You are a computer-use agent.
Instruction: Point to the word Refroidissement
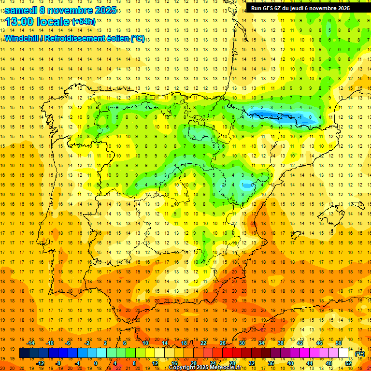pos(74,38)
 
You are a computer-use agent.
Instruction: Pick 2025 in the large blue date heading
pos(103,10)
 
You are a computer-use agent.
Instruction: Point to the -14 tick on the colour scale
pos(31,343)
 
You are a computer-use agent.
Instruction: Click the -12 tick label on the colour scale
pos(41,363)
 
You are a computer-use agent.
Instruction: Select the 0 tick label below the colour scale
pos(96,363)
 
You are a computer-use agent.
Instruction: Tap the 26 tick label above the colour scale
pos(223,343)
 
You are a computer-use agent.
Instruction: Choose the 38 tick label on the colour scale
pos(281,343)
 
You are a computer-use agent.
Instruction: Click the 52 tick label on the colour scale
pos(348,363)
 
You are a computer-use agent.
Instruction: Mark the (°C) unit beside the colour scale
pos(360,354)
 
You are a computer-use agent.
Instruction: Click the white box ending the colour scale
pos(343,353)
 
